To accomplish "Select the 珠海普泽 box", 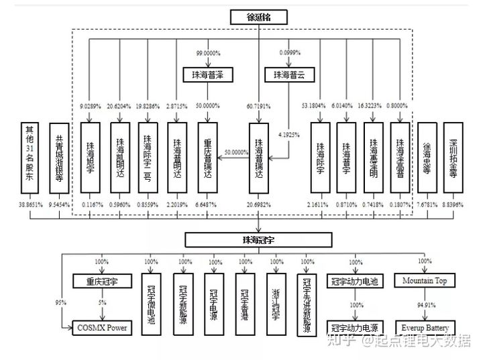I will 207,75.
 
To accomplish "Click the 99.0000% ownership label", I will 209,52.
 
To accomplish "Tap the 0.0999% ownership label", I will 289,52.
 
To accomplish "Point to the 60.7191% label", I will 259,106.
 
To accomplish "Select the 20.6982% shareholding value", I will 259,203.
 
